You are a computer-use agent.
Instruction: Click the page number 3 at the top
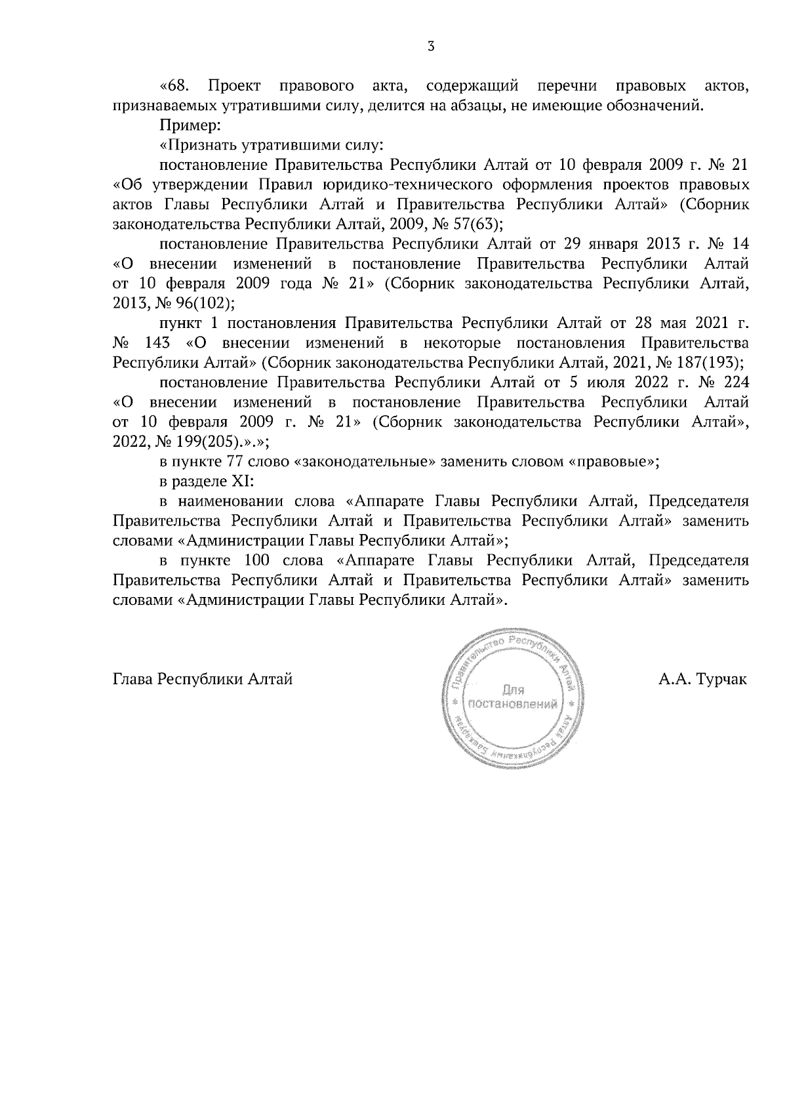430,46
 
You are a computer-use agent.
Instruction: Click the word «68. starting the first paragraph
175,86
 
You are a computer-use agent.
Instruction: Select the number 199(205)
174,442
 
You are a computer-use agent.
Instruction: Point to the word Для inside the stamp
512,690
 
